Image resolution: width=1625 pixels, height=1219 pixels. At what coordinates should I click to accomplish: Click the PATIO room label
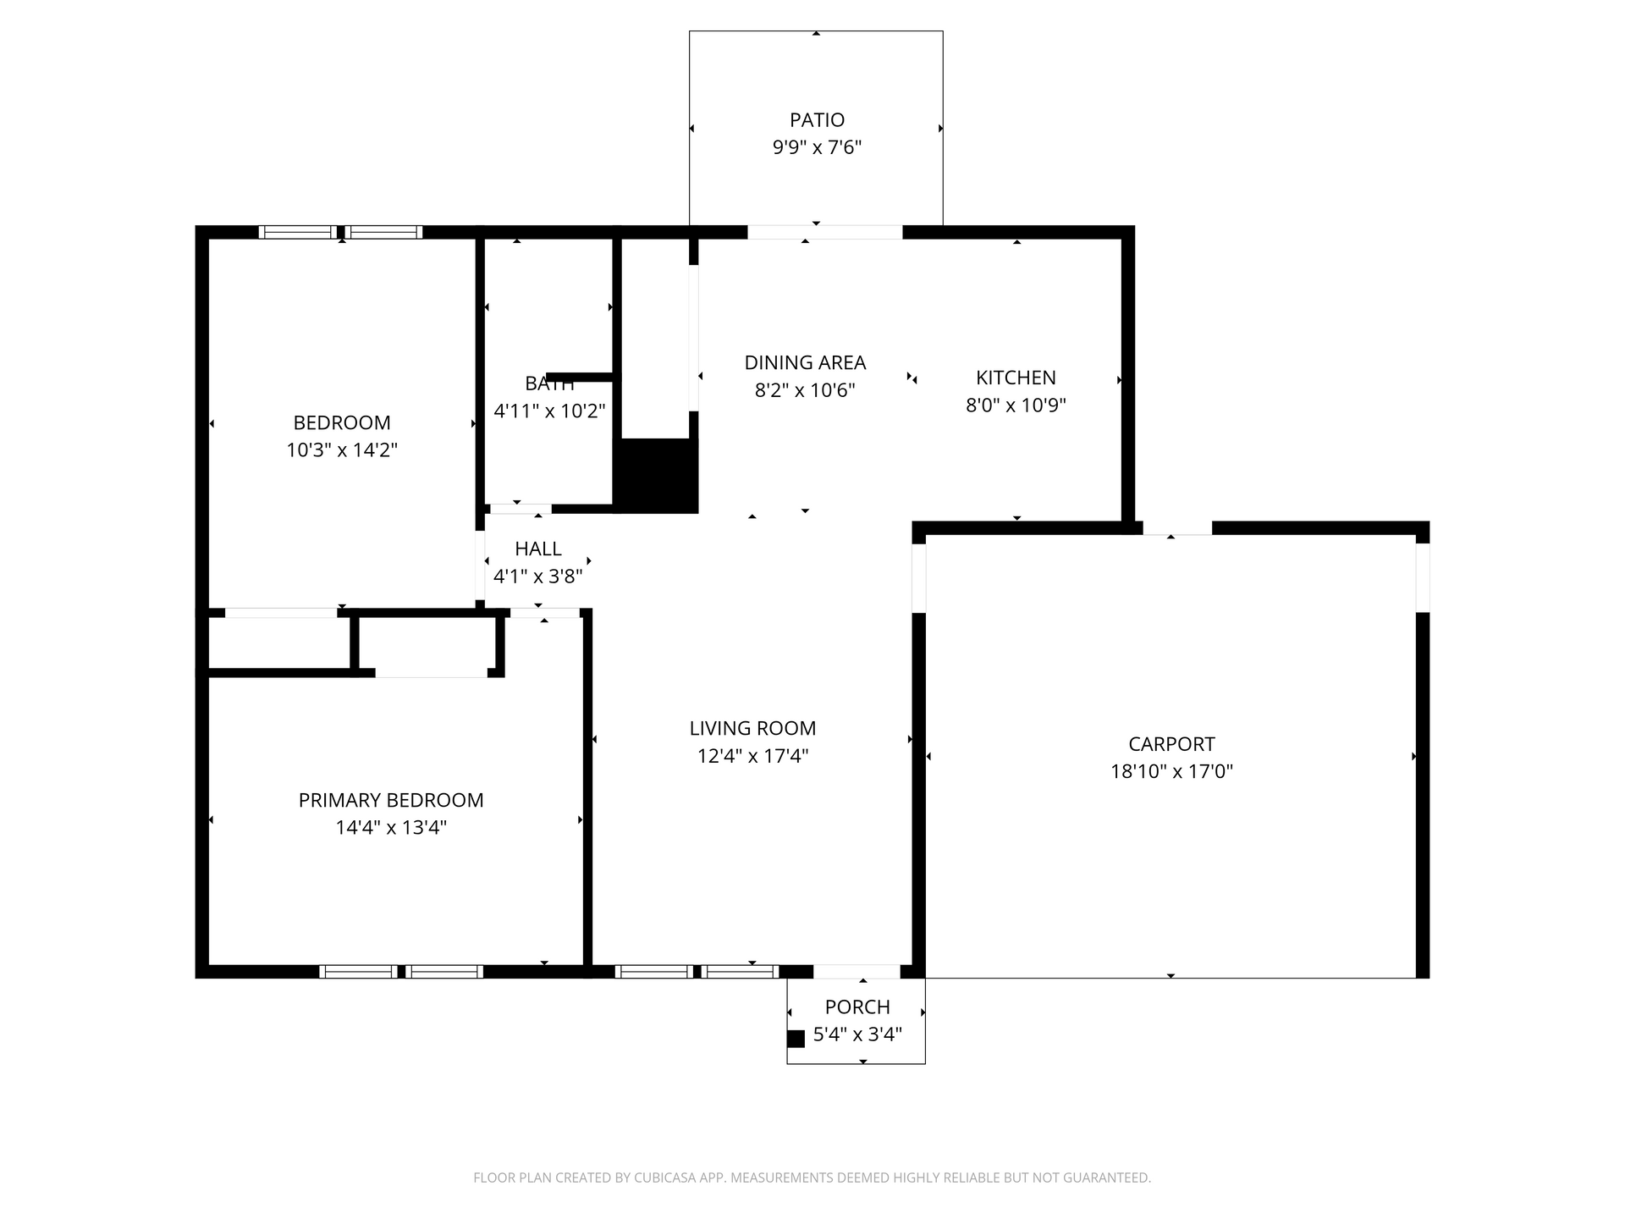tap(817, 120)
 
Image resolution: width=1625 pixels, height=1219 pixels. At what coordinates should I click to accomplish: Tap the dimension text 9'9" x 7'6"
tap(817, 147)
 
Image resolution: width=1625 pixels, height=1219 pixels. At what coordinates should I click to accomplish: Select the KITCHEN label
tap(1016, 378)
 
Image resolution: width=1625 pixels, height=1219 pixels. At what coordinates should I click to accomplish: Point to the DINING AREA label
tap(805, 362)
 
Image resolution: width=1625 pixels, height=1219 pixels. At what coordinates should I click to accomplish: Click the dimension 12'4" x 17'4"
tap(752, 755)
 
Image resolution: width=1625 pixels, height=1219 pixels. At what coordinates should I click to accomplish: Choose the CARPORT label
tap(1171, 744)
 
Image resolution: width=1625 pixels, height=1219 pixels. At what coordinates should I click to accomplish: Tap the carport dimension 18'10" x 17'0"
tap(1171, 771)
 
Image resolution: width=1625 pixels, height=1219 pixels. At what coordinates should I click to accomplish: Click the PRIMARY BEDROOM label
tap(391, 800)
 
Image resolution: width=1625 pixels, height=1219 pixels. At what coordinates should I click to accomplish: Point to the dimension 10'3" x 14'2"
tap(342, 450)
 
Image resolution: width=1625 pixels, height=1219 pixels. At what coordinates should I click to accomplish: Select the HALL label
tap(538, 549)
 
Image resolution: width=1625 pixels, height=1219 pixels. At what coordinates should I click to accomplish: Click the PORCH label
tap(857, 1007)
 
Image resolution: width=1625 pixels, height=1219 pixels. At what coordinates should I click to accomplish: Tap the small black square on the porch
tap(796, 1039)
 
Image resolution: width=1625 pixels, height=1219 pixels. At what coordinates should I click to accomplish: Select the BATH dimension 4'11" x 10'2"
tap(549, 411)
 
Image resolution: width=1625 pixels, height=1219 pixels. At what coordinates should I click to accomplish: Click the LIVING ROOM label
tap(752, 728)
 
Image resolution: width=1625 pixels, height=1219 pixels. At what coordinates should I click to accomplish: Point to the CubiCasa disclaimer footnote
tap(812, 1178)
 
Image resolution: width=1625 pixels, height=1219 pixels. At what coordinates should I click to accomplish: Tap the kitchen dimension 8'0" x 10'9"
tap(1016, 405)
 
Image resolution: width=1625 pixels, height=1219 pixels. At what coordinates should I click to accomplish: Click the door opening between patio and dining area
tap(825, 232)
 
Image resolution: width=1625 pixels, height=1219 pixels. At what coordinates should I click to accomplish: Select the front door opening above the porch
tap(857, 972)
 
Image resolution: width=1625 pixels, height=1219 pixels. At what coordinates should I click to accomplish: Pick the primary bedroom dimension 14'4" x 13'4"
tap(391, 827)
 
